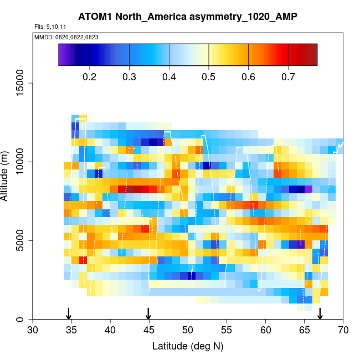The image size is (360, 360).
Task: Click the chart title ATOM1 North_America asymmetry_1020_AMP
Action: (188, 17)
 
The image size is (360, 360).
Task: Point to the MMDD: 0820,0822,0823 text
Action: (63, 37)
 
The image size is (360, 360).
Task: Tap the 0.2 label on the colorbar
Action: (90, 76)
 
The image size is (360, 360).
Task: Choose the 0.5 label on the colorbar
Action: (209, 76)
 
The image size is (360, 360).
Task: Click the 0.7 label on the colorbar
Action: (288, 76)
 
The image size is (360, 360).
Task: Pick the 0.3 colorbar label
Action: (130, 76)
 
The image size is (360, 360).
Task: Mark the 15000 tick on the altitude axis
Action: (21, 83)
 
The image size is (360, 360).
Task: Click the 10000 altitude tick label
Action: (21, 162)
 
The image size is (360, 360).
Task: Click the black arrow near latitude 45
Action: (148, 313)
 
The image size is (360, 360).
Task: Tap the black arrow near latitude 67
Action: (320, 313)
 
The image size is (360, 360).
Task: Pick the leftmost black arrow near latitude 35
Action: (69, 313)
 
